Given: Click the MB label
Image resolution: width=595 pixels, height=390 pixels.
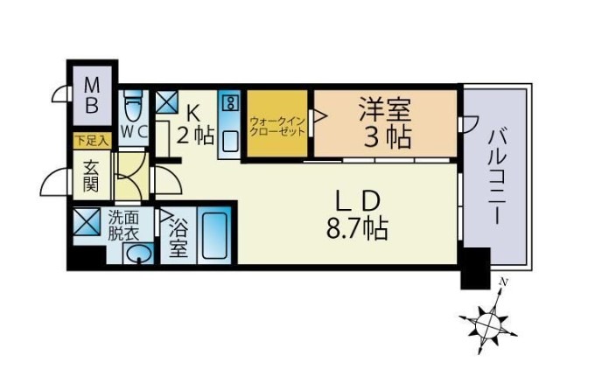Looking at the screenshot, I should point(92,99).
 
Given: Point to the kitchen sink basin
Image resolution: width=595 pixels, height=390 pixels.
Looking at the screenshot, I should point(231,141).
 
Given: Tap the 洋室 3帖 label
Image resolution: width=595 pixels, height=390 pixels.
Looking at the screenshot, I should point(385,123).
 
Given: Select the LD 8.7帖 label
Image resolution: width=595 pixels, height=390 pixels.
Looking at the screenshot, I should point(356,215).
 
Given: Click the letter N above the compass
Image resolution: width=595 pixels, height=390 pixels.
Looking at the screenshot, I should point(503,282).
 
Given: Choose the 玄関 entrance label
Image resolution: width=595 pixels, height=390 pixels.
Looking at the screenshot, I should point(90,176).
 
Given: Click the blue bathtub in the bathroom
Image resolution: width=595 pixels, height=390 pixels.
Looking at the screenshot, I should point(214,234).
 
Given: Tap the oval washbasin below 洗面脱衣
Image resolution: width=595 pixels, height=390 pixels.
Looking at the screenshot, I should point(138,254).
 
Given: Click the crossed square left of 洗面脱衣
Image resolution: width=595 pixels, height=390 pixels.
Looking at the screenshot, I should point(87,223).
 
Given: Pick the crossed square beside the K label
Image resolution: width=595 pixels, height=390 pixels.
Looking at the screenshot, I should point(167,102).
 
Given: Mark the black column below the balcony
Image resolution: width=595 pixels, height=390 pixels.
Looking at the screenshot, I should point(475,268).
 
